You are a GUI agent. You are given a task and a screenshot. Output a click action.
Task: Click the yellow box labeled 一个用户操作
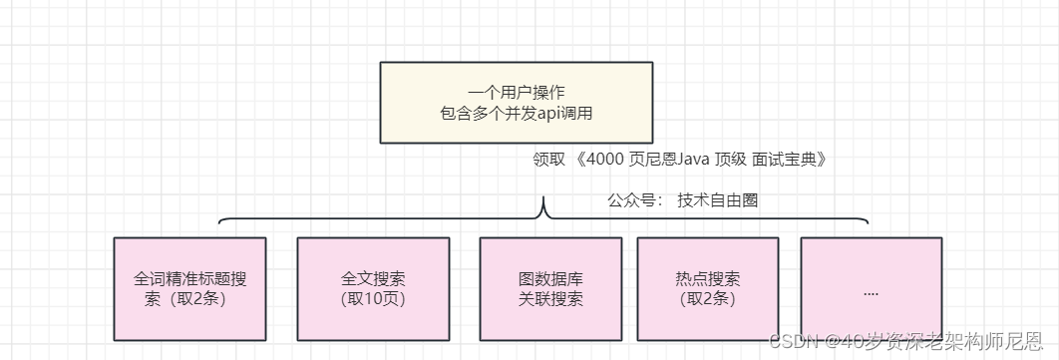516,102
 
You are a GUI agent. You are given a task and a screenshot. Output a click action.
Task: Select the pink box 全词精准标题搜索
189,288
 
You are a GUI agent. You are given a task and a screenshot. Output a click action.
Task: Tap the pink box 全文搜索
372,288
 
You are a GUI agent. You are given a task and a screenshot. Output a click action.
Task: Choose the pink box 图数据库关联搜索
550,288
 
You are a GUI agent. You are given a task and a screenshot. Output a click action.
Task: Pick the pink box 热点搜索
708,288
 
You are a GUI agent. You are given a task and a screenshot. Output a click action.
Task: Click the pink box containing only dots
871,288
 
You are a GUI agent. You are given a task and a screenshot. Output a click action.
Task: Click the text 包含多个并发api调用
516,114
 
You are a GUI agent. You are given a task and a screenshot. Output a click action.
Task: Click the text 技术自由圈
718,199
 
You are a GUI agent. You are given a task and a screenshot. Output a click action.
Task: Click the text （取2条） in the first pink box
190,298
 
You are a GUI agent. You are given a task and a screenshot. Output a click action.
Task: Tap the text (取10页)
372,298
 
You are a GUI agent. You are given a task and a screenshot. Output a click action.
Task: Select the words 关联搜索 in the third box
550,298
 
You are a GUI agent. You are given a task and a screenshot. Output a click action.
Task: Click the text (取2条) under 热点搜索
708,298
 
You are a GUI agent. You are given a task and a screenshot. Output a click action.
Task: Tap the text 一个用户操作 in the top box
516,93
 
